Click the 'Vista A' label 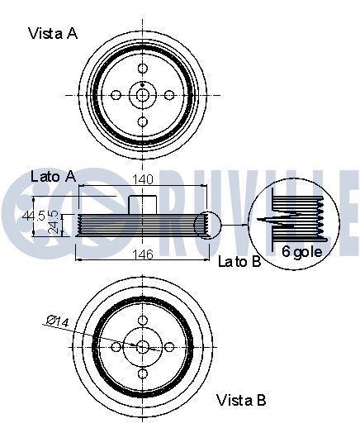click(53, 33)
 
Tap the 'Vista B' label click(241, 400)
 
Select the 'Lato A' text click(54, 176)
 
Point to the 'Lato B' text click(239, 261)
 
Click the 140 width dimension click(143, 179)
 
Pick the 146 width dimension click(143, 254)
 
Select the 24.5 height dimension click(53, 222)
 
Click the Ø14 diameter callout click(58, 321)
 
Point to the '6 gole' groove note click(302, 251)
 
